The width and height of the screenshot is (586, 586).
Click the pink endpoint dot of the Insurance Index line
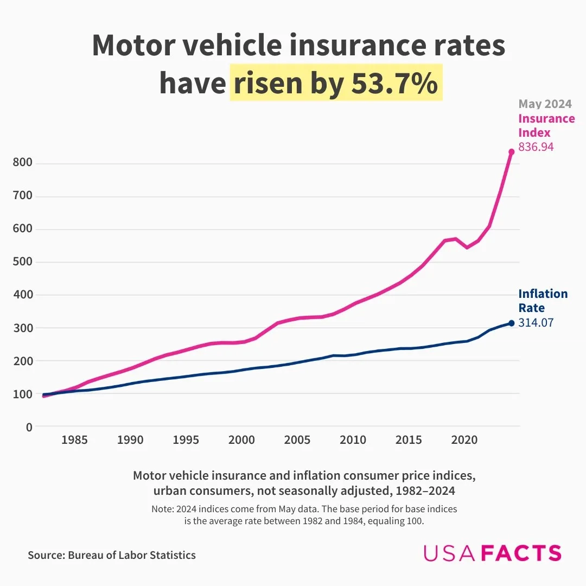[x=511, y=152]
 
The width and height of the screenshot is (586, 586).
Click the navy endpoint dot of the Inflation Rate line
[x=511, y=323]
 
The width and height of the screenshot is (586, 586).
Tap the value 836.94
[x=536, y=146]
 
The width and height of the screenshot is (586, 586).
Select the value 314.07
[x=536, y=322]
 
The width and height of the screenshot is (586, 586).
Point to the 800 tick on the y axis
[x=22, y=163]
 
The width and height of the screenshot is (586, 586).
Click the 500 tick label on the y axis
[x=22, y=262]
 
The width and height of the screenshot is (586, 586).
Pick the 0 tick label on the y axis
[x=28, y=427]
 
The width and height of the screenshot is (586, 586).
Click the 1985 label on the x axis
[x=75, y=440]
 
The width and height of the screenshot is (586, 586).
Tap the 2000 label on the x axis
[x=242, y=440]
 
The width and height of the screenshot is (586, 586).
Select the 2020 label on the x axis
[x=464, y=440]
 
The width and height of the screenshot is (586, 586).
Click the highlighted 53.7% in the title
[x=394, y=83]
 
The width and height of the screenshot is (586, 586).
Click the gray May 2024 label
[x=545, y=104]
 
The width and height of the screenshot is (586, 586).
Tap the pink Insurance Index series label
[x=546, y=125]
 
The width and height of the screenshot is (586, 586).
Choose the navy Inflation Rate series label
[x=543, y=301]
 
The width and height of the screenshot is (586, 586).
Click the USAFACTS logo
[x=492, y=553]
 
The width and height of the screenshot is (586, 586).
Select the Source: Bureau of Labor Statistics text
[x=112, y=555]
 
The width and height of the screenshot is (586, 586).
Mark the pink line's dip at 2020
[x=467, y=247]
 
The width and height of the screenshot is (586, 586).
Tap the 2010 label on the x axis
[x=353, y=440]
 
